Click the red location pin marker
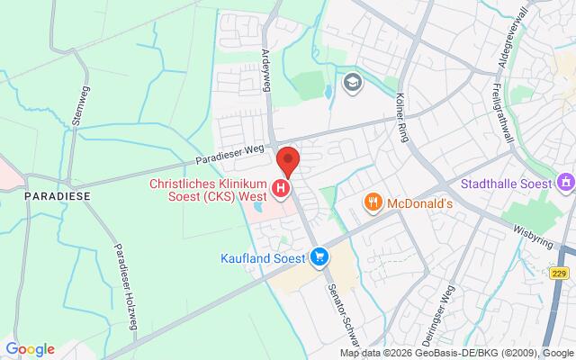pyautogui.click(x=288, y=160)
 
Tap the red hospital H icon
pyautogui.click(x=282, y=188)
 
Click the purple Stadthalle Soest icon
pyautogui.click(x=566, y=184)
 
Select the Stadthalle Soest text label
pyautogui.click(x=506, y=184)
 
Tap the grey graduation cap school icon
pyautogui.click(x=351, y=84)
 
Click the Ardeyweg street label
pyautogui.click(x=266, y=68)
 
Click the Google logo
pyautogui.click(x=30, y=349)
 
